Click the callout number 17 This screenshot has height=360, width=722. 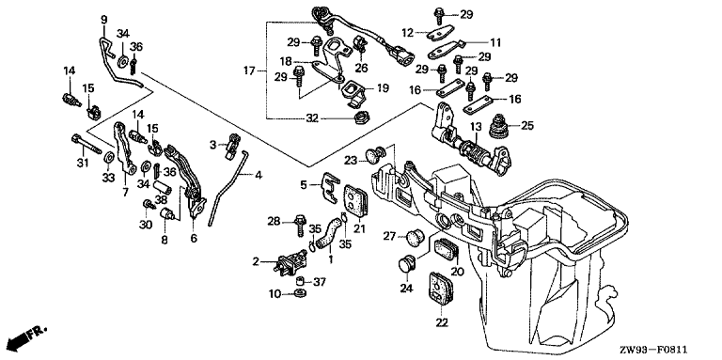coord(249,70)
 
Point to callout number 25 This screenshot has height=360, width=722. coord(527,125)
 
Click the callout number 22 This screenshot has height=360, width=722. coord(442,323)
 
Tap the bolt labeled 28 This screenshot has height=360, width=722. coord(300,225)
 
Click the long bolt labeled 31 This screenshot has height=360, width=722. coord(86,144)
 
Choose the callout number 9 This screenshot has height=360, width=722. coord(104,20)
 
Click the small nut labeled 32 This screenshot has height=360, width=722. coord(359,119)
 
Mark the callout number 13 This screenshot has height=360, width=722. coord(475,126)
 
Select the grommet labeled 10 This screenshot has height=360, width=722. coord(300,293)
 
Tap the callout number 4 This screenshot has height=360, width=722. coord(259,175)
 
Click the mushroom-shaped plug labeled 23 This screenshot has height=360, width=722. coord(374,155)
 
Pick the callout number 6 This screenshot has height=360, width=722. coord(194,239)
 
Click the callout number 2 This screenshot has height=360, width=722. coord(256,262)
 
